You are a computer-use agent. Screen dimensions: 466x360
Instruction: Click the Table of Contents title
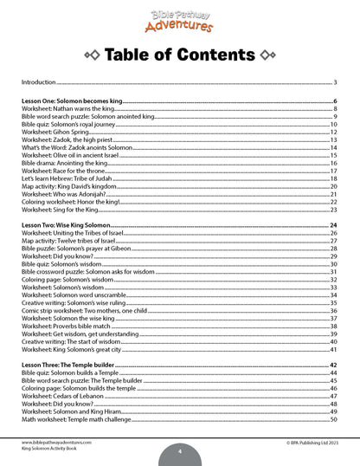point(179,56)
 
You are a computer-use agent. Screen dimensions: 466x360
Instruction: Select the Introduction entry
point(37,82)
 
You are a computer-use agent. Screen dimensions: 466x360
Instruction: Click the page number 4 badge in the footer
point(179,450)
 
